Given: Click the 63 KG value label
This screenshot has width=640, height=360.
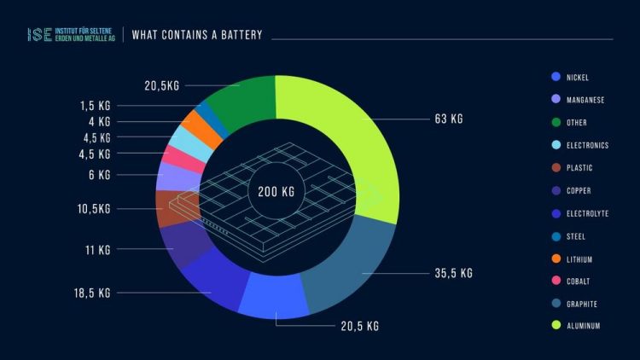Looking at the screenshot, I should pos(448,119).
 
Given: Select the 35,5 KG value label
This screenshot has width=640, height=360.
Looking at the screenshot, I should pos(453,274).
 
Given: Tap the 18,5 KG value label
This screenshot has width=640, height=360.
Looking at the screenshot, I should pos(91,293).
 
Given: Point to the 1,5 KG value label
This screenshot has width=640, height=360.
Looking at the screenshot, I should pos(96,106).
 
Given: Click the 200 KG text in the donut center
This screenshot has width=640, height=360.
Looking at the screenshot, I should pos(276,192).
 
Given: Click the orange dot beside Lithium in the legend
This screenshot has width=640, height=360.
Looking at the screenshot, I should pos(556,259).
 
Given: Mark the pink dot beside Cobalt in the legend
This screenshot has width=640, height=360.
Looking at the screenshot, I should pos(556,282).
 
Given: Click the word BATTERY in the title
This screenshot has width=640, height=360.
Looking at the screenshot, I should pos(242,35).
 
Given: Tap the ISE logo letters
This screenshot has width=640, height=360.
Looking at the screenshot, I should pos(38,35).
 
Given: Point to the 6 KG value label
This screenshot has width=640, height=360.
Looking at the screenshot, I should pos(99,175).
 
